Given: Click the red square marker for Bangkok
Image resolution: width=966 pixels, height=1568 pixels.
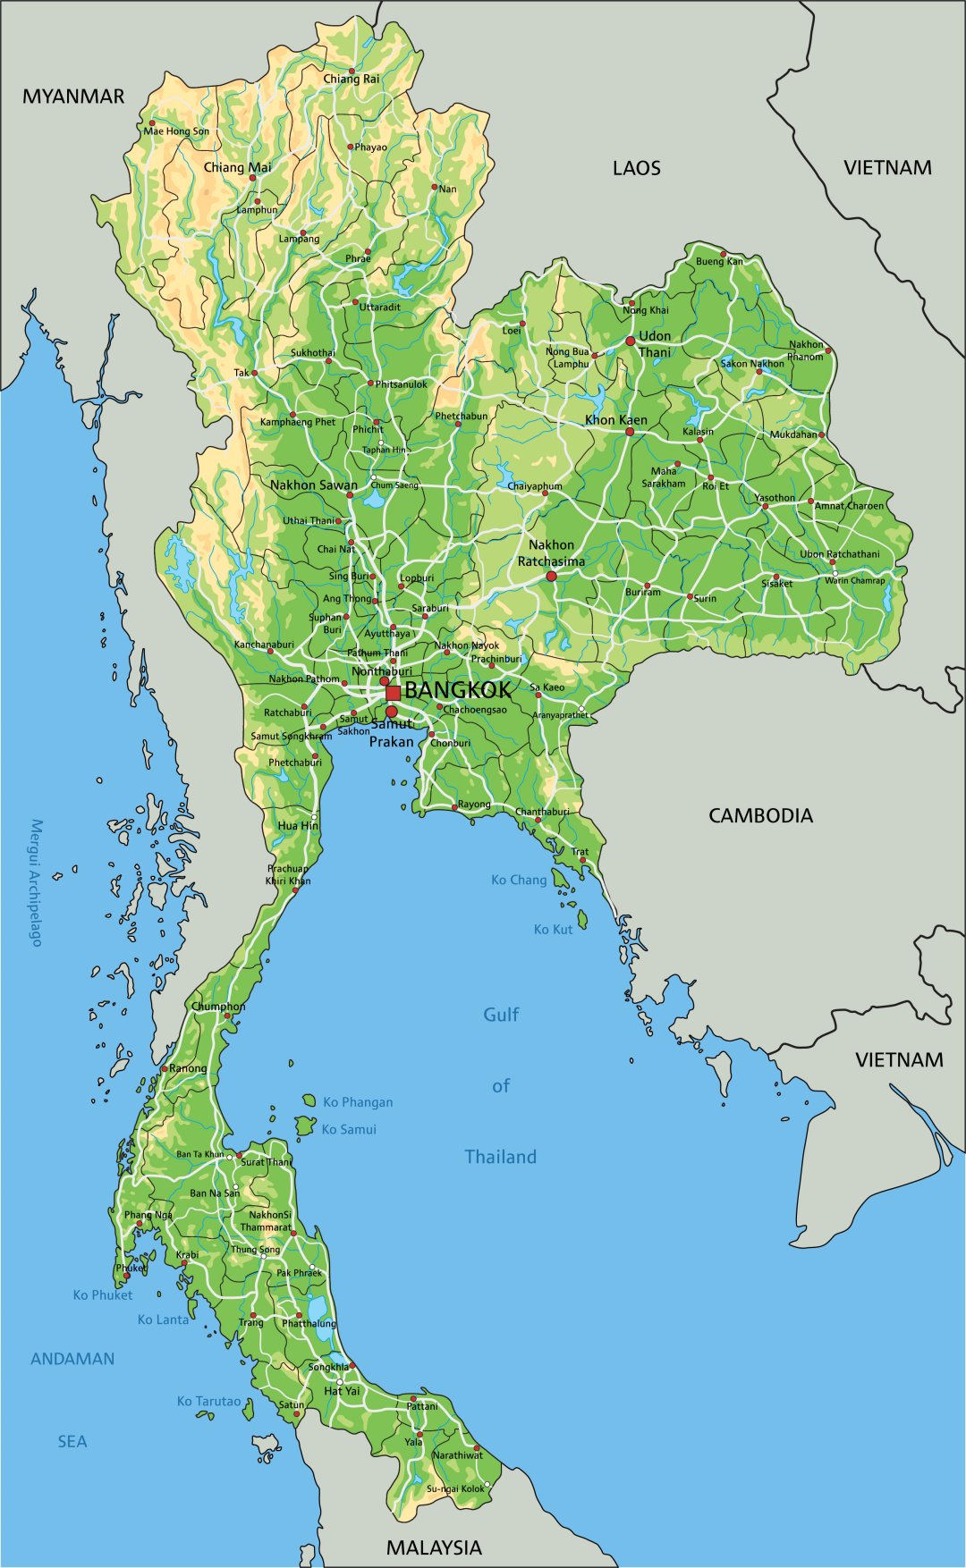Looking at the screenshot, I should [x=393, y=693].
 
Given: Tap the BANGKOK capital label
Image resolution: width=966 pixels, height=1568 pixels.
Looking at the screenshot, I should [x=458, y=690].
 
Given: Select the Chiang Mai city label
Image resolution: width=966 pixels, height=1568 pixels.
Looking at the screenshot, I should [x=237, y=168].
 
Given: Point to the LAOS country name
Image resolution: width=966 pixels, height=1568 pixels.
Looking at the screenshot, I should [x=637, y=168].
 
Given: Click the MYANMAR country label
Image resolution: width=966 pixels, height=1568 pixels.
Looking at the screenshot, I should [x=73, y=97].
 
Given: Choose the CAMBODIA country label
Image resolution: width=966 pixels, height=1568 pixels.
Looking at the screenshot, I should [x=760, y=815].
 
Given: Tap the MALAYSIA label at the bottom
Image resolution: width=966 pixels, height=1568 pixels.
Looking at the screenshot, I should [x=434, y=1547].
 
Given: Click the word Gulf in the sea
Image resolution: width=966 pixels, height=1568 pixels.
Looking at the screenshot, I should [x=501, y=1015].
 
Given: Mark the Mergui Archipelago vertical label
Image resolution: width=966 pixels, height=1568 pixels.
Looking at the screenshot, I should [x=37, y=882].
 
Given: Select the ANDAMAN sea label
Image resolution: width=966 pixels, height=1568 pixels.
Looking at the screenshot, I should [x=72, y=1359].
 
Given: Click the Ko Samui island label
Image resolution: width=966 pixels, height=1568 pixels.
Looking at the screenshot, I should [x=349, y=1130].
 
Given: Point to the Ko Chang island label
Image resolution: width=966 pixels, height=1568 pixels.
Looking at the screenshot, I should [x=519, y=880].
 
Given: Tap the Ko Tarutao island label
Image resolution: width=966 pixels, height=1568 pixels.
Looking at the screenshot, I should [x=208, y=1401].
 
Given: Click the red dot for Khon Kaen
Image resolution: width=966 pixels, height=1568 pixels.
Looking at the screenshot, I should [x=630, y=432].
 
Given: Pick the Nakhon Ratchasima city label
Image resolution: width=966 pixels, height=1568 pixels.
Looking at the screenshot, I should [x=551, y=553].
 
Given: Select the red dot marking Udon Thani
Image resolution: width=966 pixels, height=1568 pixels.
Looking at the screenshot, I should [x=631, y=341].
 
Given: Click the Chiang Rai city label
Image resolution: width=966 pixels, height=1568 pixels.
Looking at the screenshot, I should [x=352, y=79].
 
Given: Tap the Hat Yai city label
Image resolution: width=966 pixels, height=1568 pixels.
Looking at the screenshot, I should [x=342, y=1391].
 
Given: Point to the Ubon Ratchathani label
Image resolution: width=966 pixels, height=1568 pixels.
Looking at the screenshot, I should [x=839, y=554].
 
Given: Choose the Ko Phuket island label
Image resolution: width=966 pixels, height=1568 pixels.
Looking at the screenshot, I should [x=103, y=1295].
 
